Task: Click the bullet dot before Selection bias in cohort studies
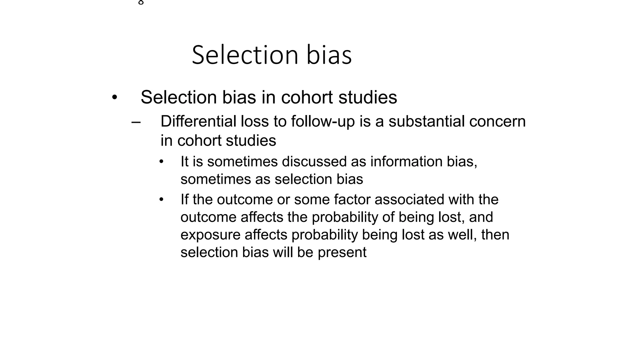pyautogui.click(x=115, y=97)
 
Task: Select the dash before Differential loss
pyautogui.click(x=136, y=122)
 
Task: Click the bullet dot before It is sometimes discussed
pyautogui.click(x=161, y=162)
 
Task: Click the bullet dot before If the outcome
pyautogui.click(x=161, y=199)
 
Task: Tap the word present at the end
pyautogui.click(x=342, y=252)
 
